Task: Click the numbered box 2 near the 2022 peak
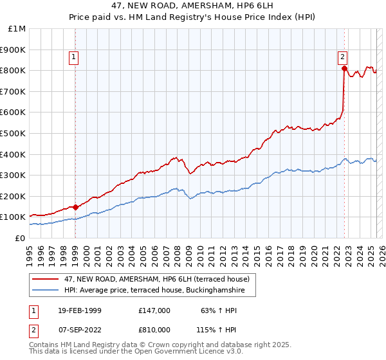tap(343, 56)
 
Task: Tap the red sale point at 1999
tap(75, 207)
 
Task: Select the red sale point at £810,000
tap(344, 68)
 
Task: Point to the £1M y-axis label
tap(17, 28)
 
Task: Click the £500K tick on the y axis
tap(14, 133)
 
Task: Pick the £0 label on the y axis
tap(20, 238)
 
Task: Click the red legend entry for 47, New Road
tap(152, 279)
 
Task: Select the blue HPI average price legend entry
tap(154, 291)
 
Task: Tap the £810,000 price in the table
tap(154, 329)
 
